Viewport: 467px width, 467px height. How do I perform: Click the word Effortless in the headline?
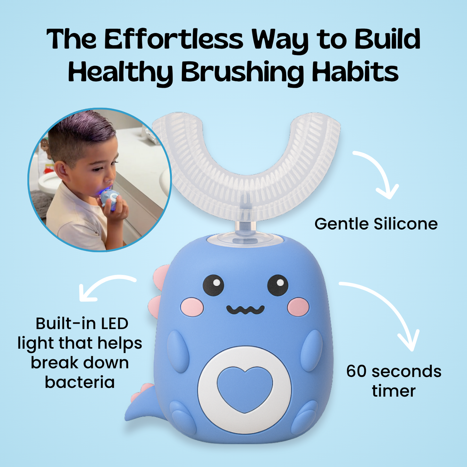173,39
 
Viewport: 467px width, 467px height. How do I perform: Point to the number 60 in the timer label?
356,371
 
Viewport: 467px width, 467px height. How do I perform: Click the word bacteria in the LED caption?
80,382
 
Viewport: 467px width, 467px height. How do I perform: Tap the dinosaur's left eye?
213,285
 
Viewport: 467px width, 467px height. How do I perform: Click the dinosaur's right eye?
278,285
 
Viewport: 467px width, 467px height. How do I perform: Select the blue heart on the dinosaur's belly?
245,388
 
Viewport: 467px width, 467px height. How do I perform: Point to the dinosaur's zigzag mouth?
245,310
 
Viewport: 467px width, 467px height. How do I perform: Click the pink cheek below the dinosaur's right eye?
298,307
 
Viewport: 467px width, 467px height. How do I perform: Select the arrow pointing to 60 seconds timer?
388,310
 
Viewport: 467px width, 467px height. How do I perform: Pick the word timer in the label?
393,391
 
